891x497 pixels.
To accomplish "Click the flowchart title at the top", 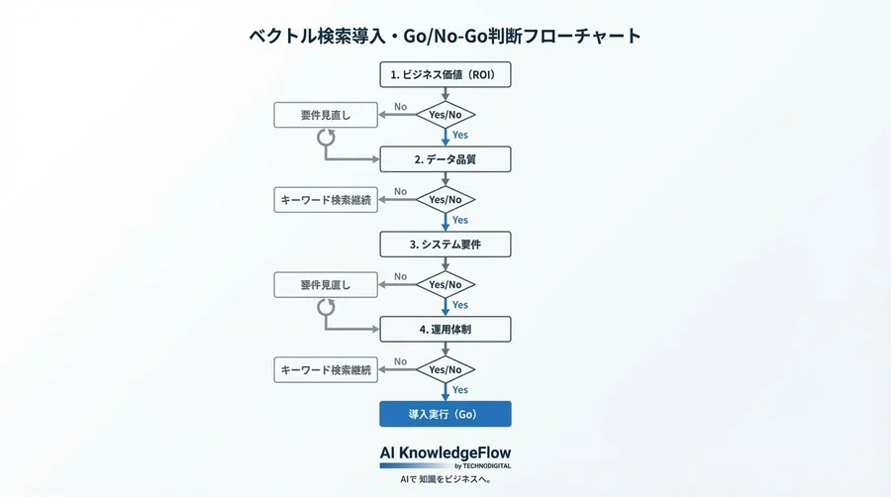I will click(x=445, y=36).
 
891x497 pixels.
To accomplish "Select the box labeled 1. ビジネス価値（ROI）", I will click(x=445, y=74).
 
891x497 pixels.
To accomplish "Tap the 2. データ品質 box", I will click(x=445, y=159).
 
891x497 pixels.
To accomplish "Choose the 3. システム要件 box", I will click(x=445, y=244).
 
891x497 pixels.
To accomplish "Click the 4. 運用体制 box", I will click(x=445, y=329).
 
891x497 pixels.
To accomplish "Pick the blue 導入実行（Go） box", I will click(x=445, y=414).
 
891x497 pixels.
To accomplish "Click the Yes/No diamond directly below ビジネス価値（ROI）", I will click(x=445, y=115).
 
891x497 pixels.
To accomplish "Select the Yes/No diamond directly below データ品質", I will click(x=445, y=200).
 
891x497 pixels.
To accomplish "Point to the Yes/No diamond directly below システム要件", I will click(x=445, y=285).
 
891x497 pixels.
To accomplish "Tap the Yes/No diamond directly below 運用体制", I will click(x=445, y=370).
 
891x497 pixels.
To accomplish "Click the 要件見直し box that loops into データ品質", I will click(x=326, y=115).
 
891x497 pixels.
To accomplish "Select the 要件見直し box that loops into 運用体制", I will click(x=326, y=285).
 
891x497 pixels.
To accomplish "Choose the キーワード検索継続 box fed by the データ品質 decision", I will click(x=326, y=200).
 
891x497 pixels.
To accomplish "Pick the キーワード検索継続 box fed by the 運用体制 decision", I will click(x=326, y=370).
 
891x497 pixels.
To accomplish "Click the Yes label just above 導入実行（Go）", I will click(x=460, y=390).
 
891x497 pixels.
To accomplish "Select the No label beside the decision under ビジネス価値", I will click(x=400, y=106).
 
